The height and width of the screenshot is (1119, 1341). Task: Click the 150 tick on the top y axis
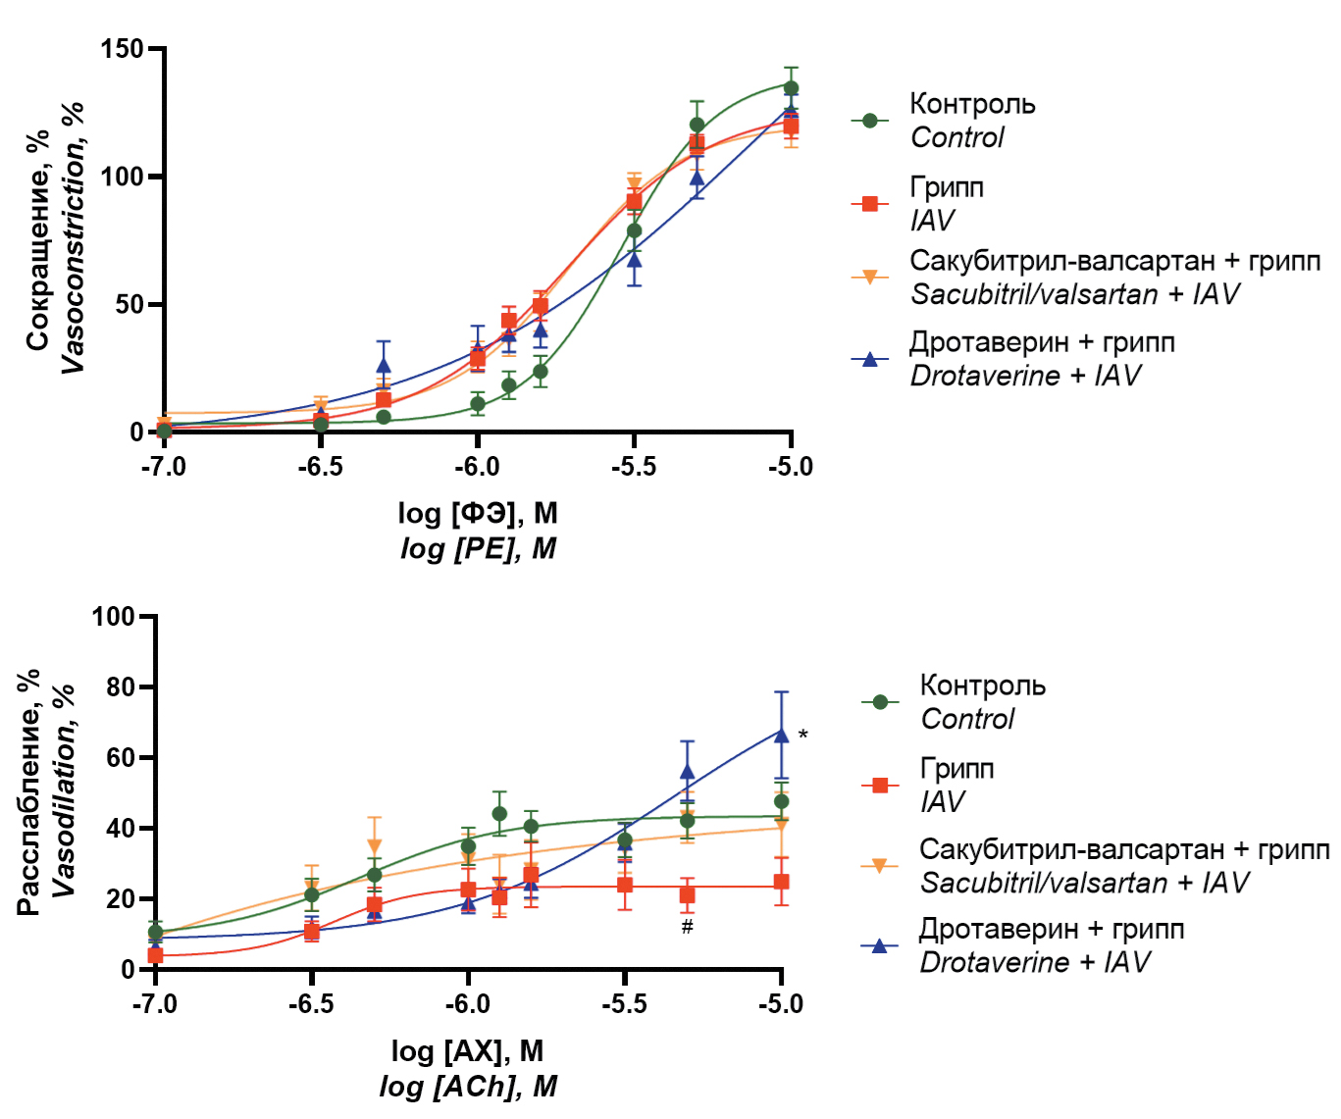click(x=122, y=49)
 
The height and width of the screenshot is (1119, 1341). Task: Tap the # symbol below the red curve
click(x=688, y=927)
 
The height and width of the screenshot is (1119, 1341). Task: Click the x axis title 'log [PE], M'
click(x=478, y=548)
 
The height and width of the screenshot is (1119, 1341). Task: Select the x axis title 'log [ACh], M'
click(x=468, y=1086)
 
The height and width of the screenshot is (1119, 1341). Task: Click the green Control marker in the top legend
click(x=869, y=121)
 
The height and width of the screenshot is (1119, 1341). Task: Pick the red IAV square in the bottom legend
click(x=879, y=785)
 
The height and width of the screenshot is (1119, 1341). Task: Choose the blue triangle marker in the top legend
click(x=869, y=359)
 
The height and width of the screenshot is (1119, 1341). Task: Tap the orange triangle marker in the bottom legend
click(x=879, y=865)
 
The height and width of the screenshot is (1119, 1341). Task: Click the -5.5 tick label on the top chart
click(x=634, y=467)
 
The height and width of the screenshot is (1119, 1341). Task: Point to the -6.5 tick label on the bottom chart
click(x=311, y=1004)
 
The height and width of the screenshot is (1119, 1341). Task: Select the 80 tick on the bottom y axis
click(x=121, y=687)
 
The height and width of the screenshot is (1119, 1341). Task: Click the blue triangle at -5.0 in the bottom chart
click(x=781, y=735)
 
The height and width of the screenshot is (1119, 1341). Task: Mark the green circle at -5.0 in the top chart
click(x=791, y=88)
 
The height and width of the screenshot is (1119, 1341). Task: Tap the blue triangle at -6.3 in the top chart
click(x=384, y=366)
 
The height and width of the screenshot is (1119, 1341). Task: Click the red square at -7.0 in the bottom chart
click(x=155, y=955)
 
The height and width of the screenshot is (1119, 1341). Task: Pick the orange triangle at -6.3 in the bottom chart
click(x=374, y=846)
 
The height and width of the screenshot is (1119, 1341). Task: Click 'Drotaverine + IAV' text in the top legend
click(x=1025, y=376)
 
